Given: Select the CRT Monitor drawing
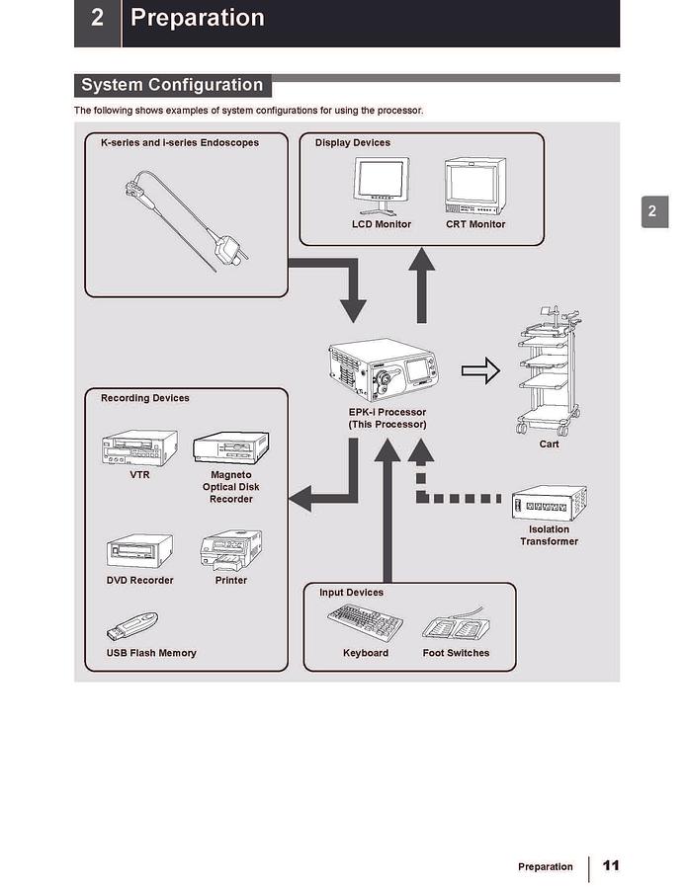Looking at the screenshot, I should click(x=474, y=187).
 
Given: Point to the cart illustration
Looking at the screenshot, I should click(x=548, y=375).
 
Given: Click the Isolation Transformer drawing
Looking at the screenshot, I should click(x=549, y=504).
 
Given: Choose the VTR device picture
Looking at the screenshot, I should click(x=139, y=447).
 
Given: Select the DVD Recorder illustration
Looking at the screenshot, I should click(x=139, y=551).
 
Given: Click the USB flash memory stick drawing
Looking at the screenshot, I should click(x=132, y=627).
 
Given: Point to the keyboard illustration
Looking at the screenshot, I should click(x=365, y=623).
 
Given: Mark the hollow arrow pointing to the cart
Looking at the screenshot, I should click(x=480, y=371).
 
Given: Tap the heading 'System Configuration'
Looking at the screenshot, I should click(x=172, y=85).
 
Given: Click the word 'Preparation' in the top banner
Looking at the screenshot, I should click(x=198, y=18).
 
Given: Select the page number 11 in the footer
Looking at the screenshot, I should click(x=611, y=865).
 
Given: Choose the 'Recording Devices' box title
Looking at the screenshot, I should click(x=145, y=398).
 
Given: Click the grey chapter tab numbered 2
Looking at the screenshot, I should click(x=652, y=211).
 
